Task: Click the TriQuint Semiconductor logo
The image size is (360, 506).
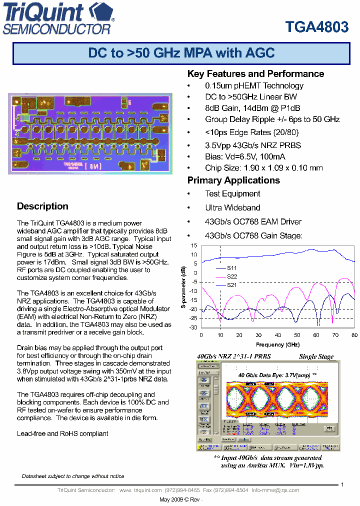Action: click(59, 18)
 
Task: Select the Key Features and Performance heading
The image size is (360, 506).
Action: click(255, 74)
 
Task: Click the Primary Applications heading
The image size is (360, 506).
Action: click(233, 180)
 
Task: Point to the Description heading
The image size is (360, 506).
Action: click(42, 206)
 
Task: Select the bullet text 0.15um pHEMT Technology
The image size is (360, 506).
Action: click(254, 86)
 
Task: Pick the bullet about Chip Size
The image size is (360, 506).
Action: click(263, 168)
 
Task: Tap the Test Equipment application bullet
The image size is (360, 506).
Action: click(232, 194)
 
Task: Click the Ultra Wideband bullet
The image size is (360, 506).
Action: click(232, 207)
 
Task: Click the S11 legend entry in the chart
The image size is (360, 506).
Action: click(231, 268)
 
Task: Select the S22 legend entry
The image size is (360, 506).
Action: click(231, 276)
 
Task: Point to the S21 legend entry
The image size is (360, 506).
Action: click(231, 284)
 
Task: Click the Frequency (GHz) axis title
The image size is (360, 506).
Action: click(277, 344)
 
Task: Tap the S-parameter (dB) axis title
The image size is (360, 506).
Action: click(183, 288)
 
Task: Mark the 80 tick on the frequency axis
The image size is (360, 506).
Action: click(354, 335)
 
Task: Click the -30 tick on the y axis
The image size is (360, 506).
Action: click(193, 328)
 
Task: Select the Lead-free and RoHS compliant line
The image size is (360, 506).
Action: click(62, 433)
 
